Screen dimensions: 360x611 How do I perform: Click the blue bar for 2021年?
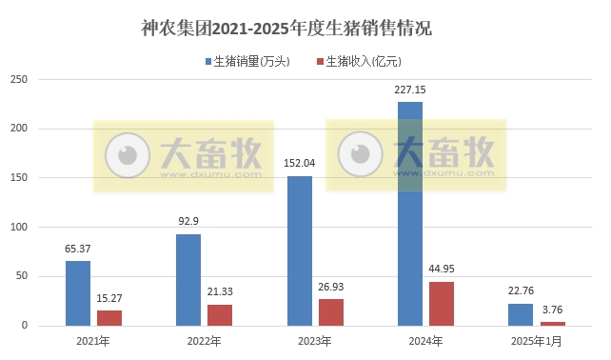(x=78, y=293)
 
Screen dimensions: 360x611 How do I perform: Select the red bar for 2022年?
(x=220, y=315)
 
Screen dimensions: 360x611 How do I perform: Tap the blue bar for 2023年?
(x=299, y=250)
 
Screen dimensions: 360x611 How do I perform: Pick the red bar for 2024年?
(x=441, y=304)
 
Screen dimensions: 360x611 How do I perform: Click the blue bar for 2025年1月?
(x=520, y=314)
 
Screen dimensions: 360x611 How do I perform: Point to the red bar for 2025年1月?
(x=552, y=324)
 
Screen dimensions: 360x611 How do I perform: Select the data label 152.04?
(x=299, y=164)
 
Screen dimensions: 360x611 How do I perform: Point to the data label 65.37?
(x=78, y=250)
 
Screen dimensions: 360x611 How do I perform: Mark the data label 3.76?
(x=552, y=310)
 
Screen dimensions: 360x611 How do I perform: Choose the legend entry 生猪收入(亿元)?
(x=362, y=61)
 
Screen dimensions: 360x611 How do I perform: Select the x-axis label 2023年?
(x=315, y=341)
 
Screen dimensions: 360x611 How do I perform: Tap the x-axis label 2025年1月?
(x=536, y=341)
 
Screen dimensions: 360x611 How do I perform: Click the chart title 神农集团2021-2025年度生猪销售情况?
(x=286, y=28)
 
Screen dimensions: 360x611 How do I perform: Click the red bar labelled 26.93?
(x=330, y=312)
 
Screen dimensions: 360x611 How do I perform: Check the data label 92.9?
(x=188, y=222)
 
